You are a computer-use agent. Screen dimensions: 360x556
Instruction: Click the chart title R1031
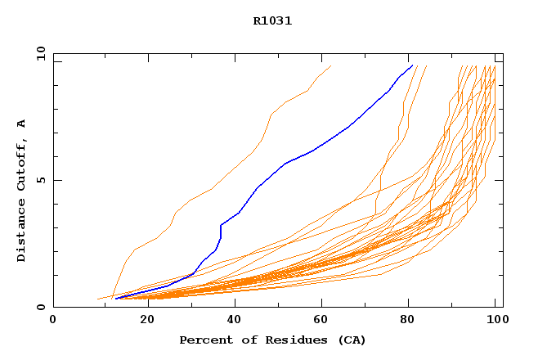(272, 21)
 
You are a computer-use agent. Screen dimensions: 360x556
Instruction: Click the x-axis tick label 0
(53, 321)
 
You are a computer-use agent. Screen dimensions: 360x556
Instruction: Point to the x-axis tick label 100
(495, 321)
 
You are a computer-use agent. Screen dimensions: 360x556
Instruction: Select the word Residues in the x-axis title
(280, 340)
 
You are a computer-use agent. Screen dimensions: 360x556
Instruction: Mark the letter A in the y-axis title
(21, 124)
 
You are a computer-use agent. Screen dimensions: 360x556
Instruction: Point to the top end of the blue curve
(411, 65)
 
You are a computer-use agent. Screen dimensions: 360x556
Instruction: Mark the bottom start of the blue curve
(117, 299)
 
